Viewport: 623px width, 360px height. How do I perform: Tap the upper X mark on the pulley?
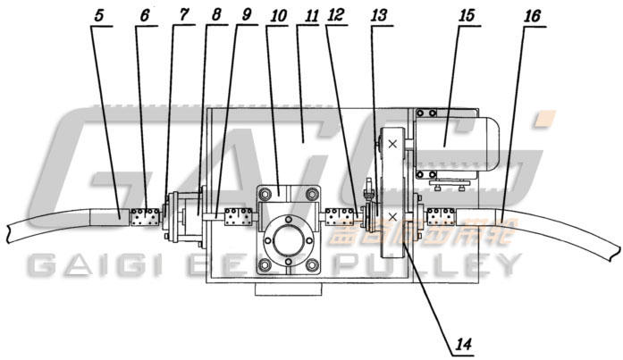(392, 143)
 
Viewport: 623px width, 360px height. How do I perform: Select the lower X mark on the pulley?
(392, 218)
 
